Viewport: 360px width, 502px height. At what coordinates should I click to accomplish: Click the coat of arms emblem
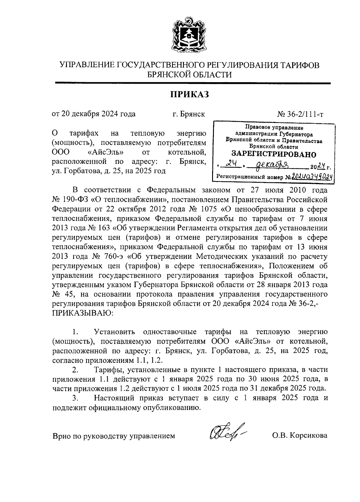tap(189, 35)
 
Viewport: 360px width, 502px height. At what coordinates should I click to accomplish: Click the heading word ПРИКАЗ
tap(189, 95)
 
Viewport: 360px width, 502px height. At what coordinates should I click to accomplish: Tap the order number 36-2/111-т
tap(303, 114)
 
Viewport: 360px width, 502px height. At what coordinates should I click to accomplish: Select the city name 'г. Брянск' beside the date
tap(189, 114)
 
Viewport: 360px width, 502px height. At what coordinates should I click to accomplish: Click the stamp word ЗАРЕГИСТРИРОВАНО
tap(274, 154)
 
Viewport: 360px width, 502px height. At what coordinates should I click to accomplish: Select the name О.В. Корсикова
tap(299, 435)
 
